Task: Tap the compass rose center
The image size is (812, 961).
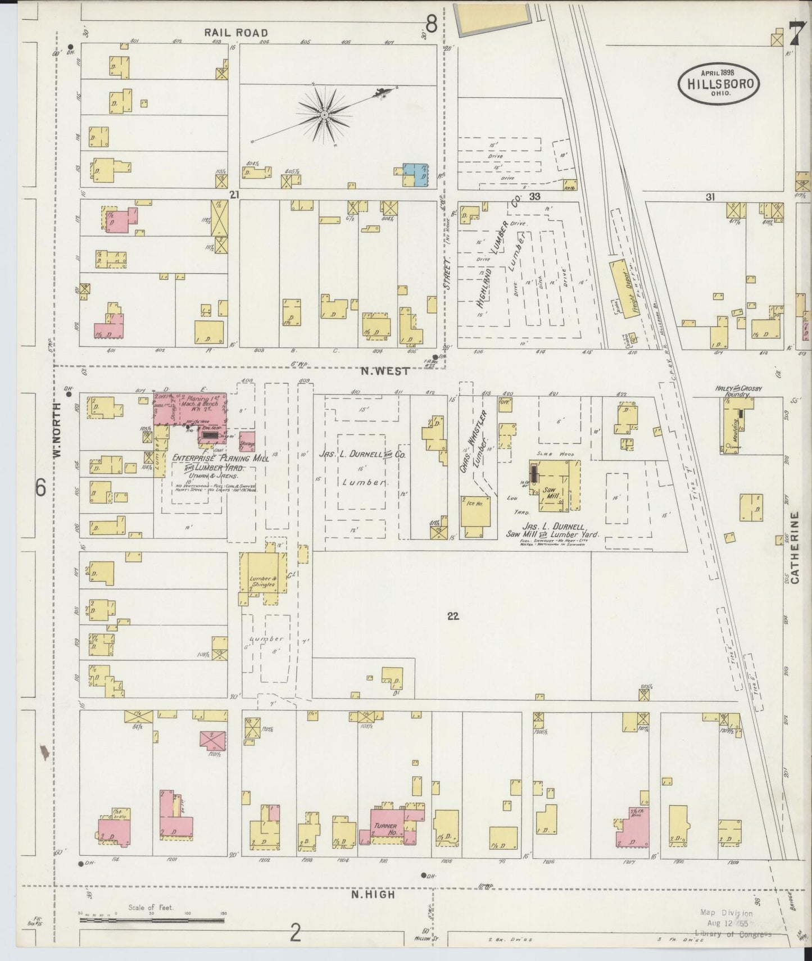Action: point(324,115)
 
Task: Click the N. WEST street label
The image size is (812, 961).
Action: point(387,371)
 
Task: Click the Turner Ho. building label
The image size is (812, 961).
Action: point(385,829)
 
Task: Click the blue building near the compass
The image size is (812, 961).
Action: point(416,175)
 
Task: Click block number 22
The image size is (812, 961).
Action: point(453,616)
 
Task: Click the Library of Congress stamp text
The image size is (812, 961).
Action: point(733,935)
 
